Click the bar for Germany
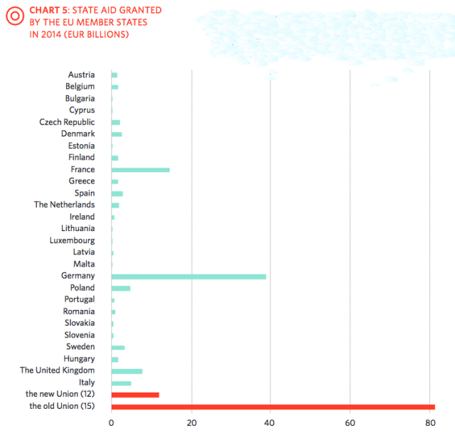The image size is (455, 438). (188, 276)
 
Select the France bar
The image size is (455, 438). (140, 170)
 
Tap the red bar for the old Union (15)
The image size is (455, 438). (273, 407)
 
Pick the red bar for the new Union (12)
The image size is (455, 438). (135, 395)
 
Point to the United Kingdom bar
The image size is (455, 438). (127, 371)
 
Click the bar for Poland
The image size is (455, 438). (121, 288)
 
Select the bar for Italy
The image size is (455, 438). (121, 383)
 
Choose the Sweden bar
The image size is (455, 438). (118, 347)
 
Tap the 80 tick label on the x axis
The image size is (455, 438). (429, 424)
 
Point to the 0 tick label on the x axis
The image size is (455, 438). (112, 424)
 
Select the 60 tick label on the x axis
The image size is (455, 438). (350, 424)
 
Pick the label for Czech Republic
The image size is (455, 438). (67, 122)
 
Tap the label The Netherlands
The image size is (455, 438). (64, 205)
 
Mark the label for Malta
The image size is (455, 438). (84, 264)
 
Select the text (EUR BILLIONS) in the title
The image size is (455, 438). (99, 34)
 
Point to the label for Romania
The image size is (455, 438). (78, 311)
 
